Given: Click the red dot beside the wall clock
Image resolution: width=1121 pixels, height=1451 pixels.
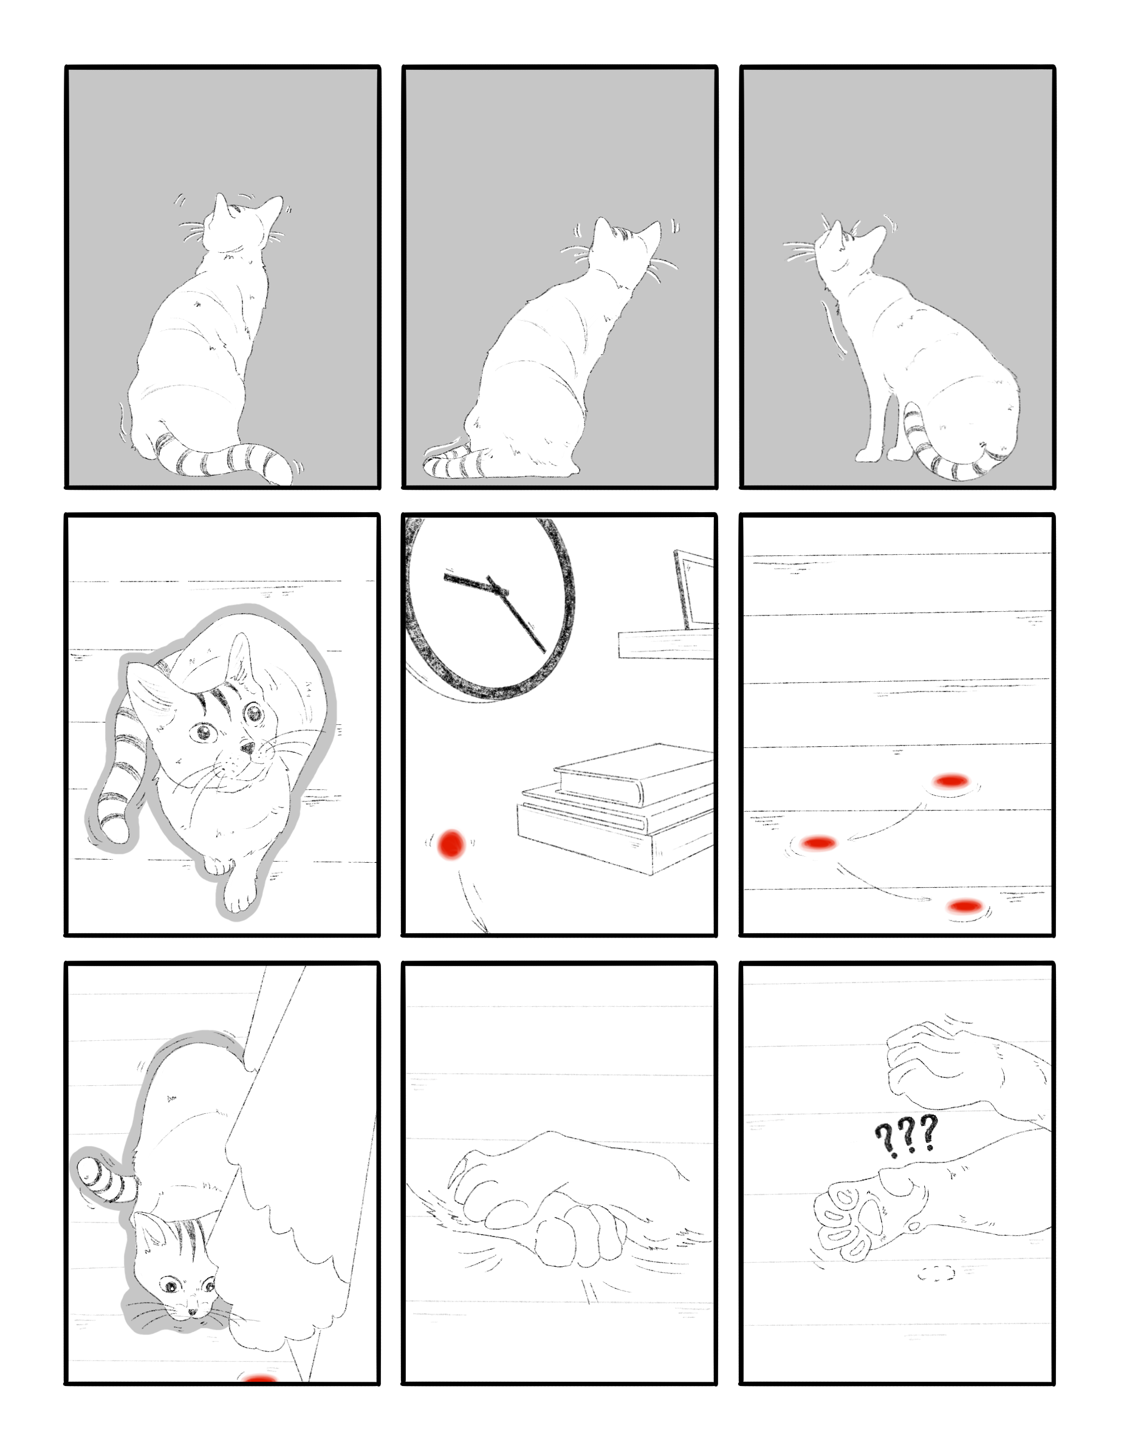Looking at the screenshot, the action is point(451,844).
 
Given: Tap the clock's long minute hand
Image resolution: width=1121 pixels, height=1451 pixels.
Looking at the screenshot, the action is point(517,614).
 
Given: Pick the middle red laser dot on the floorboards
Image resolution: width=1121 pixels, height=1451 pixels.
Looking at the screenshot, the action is point(818,843).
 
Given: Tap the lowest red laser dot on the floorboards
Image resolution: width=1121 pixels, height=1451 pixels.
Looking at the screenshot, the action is point(965,905).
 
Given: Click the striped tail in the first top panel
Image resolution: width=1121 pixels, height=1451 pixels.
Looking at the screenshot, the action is point(222,457).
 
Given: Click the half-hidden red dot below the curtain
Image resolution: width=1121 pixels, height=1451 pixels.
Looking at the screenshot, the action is point(260,1379).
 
